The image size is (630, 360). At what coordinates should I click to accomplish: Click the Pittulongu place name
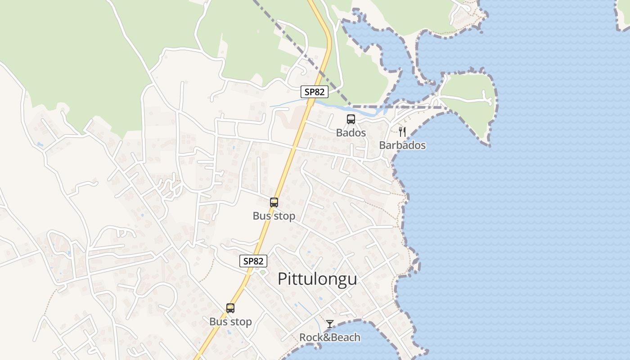pyautogui.click(x=317, y=279)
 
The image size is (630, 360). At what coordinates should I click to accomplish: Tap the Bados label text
pyautogui.click(x=351, y=133)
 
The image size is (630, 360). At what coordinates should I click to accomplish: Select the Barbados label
pyautogui.click(x=402, y=145)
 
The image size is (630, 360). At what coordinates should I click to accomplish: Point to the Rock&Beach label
pyautogui.click(x=330, y=337)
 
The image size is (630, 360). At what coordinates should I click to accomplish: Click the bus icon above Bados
pyautogui.click(x=351, y=119)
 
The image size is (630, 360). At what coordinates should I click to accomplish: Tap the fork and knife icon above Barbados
pyautogui.click(x=402, y=132)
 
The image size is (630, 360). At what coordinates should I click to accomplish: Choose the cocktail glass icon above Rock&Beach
pyautogui.click(x=330, y=324)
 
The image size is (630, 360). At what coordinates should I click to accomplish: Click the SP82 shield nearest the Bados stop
pyautogui.click(x=315, y=92)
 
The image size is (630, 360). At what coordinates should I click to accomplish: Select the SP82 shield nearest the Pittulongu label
pyautogui.click(x=253, y=261)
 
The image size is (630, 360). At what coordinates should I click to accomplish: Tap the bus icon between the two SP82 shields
pyautogui.click(x=274, y=202)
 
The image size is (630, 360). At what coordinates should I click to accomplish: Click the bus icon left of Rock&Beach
pyautogui.click(x=230, y=308)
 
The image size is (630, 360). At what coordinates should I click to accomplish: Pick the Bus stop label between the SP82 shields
pyautogui.click(x=274, y=216)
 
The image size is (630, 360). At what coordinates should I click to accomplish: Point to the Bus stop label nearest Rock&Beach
pyautogui.click(x=230, y=322)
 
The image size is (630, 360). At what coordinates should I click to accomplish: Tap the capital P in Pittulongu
pyautogui.click(x=282, y=279)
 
